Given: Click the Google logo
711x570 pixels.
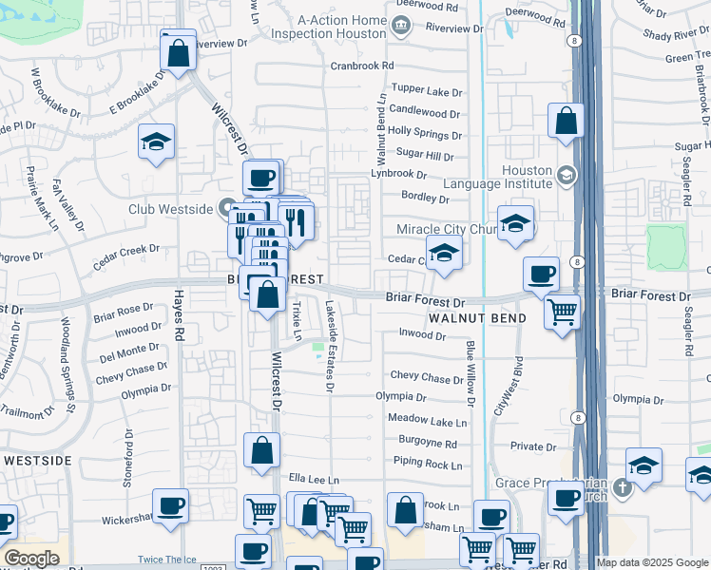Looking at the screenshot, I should point(31,559).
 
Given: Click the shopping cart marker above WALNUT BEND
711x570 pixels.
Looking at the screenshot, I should point(563,311).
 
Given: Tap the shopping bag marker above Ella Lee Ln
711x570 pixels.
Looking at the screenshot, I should point(261,451).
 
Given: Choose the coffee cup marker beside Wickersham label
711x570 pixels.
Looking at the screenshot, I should point(170,505).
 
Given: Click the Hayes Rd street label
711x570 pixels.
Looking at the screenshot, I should point(178,317).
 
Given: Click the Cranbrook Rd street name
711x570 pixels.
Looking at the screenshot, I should point(362,66).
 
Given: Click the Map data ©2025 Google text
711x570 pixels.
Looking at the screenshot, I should point(651,562).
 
